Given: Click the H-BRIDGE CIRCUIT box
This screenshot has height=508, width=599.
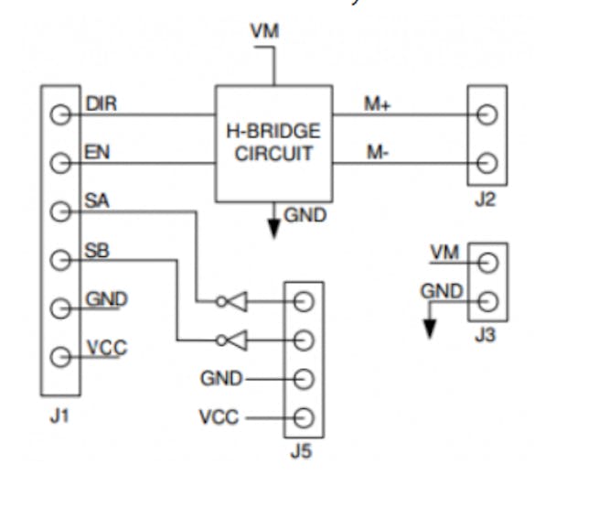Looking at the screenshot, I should click(273, 143).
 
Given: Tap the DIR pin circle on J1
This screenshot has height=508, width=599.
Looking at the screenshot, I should click(60, 115).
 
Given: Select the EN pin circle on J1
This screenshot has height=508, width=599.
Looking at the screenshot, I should click(60, 164).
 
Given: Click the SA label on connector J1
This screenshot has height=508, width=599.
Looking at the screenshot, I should click(96, 200).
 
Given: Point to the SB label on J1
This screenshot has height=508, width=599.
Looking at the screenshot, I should click(96, 249).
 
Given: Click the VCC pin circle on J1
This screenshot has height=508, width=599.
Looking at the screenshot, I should click(60, 357).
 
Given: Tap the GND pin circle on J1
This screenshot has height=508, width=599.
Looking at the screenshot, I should click(60, 308).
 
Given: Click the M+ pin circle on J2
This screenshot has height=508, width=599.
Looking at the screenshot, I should click(487, 115).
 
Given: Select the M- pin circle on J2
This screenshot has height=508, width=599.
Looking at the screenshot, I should click(487, 164).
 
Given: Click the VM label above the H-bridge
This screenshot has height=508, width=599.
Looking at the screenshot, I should click(264, 32).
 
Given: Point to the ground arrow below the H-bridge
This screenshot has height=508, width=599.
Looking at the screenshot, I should click(273, 227).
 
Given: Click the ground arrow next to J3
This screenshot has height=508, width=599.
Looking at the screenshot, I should click(428, 327).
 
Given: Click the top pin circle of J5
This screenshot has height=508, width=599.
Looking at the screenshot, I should click(304, 301).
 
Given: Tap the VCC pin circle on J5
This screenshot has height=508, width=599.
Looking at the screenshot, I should click(304, 418).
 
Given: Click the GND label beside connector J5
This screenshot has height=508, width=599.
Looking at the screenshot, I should click(221, 378).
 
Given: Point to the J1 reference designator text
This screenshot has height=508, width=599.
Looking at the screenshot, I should click(59, 418).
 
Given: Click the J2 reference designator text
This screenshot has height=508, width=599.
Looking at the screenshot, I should click(486, 199).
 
